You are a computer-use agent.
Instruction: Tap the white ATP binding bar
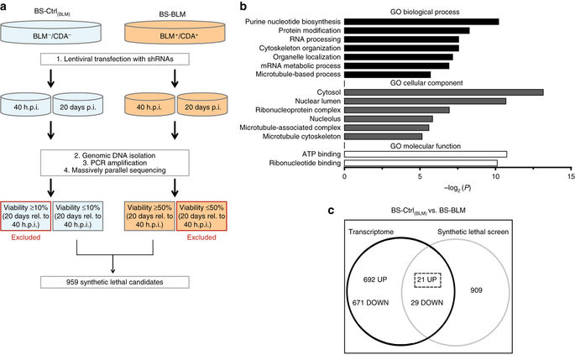[426, 154]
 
